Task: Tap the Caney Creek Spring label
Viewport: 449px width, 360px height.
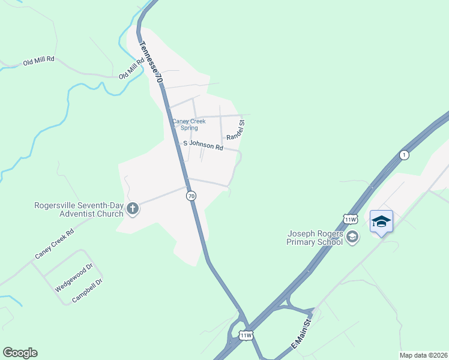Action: click(x=189, y=124)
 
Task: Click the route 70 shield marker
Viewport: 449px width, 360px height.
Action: click(x=191, y=196)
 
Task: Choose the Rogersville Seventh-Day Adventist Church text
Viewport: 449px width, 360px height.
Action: click(x=79, y=209)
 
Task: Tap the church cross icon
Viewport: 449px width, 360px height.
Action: click(x=133, y=209)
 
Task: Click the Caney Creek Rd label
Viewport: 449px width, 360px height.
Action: click(x=54, y=244)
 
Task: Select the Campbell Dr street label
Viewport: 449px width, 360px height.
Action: click(x=88, y=290)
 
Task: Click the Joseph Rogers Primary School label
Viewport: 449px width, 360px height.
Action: click(x=315, y=238)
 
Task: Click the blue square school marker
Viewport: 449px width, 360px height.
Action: click(x=381, y=221)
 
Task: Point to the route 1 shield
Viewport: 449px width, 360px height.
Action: click(x=405, y=155)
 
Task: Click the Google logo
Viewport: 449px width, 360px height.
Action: click(x=20, y=353)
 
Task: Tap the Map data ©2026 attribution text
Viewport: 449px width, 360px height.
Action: click(x=423, y=355)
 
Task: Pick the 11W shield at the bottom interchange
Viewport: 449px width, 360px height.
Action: click(x=246, y=335)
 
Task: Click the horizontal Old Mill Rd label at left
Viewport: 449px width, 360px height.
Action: click(x=39, y=60)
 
